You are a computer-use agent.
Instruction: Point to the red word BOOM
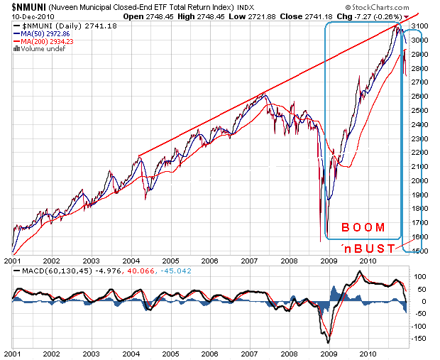point(363,228)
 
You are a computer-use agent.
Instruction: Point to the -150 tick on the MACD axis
point(421,339)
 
